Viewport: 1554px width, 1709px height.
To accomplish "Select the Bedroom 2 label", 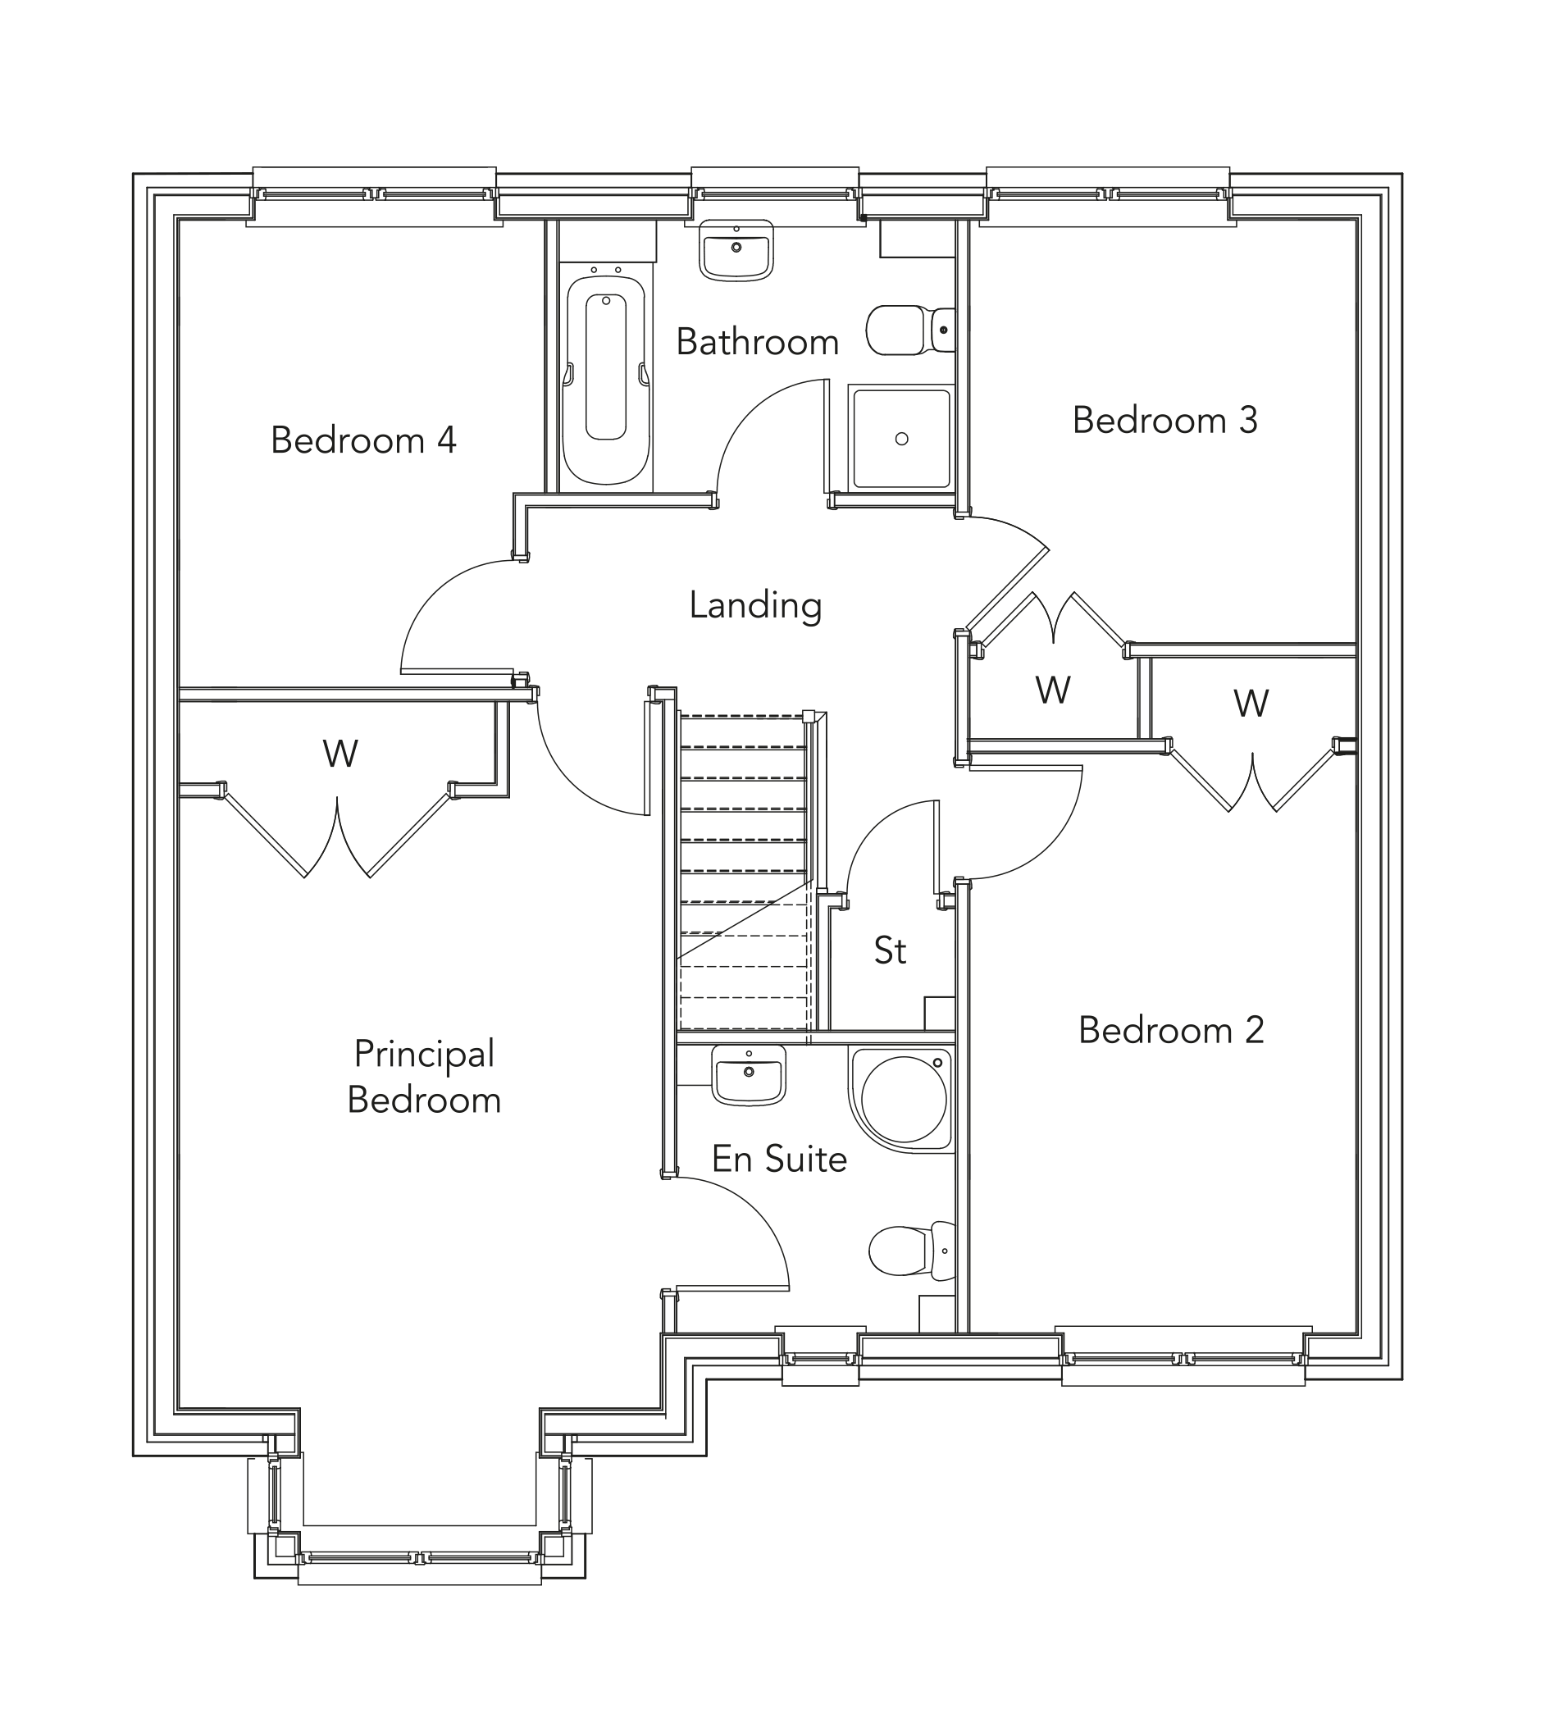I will tap(1171, 1030).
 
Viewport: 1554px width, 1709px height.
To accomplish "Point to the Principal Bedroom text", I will tap(424, 1077).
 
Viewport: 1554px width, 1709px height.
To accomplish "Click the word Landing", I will tap(755, 605).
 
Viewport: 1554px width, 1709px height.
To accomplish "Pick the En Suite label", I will tap(778, 1159).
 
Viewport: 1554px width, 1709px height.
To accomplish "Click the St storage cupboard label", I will tap(891, 950).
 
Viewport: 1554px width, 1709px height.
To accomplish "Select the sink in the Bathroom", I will tap(736, 249).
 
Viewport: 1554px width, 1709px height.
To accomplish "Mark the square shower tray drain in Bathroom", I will tap(901, 438).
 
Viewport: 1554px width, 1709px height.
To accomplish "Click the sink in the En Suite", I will tap(749, 1074).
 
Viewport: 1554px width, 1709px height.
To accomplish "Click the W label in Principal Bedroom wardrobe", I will tap(340, 753).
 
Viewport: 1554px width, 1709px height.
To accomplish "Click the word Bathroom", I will tap(757, 343).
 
